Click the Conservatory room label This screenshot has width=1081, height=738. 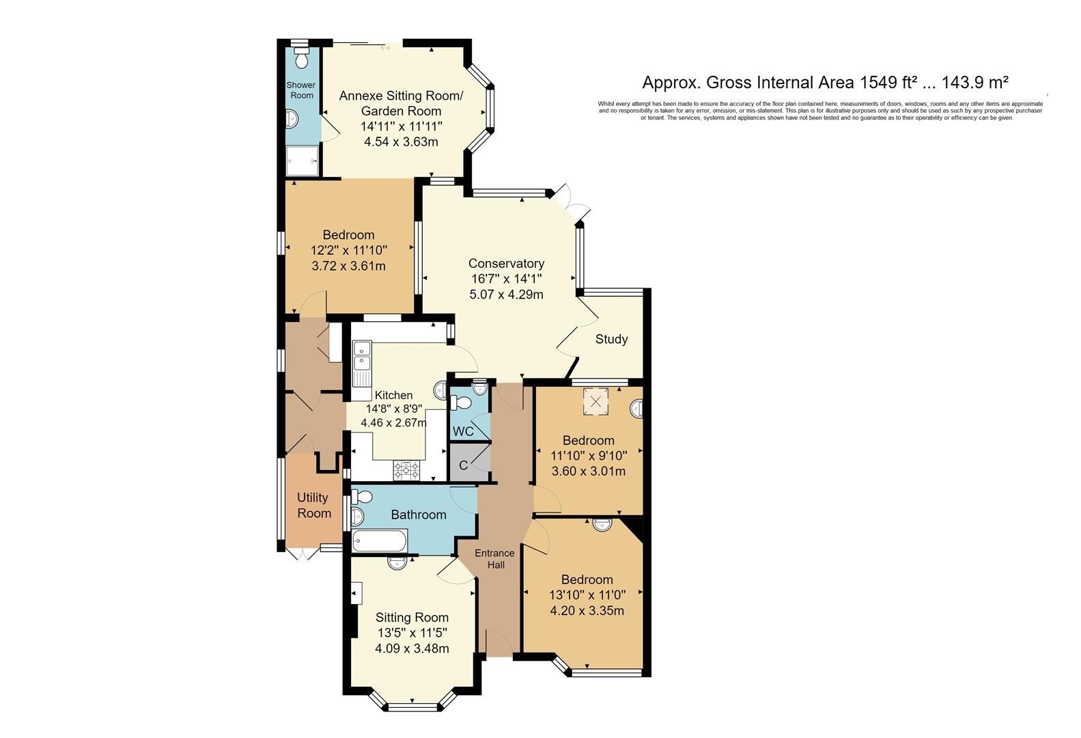(x=506, y=264)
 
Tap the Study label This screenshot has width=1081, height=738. (x=611, y=339)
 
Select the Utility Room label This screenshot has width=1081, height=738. (x=313, y=506)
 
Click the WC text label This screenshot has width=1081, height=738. (x=463, y=432)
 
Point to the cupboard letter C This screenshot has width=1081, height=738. (x=463, y=466)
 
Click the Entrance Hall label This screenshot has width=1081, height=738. (x=495, y=559)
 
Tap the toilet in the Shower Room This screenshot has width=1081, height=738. (x=300, y=55)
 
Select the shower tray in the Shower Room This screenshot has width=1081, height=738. (x=303, y=161)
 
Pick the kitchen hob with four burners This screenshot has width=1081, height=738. (x=406, y=469)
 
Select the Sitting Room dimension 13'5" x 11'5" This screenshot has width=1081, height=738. (x=412, y=633)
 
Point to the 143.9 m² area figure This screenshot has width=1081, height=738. (x=974, y=83)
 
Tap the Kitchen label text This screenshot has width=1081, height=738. (x=393, y=395)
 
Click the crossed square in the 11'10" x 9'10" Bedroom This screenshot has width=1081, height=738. (x=595, y=402)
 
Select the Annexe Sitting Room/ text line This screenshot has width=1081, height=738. (x=401, y=95)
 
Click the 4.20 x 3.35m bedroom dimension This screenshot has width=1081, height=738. (x=587, y=611)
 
